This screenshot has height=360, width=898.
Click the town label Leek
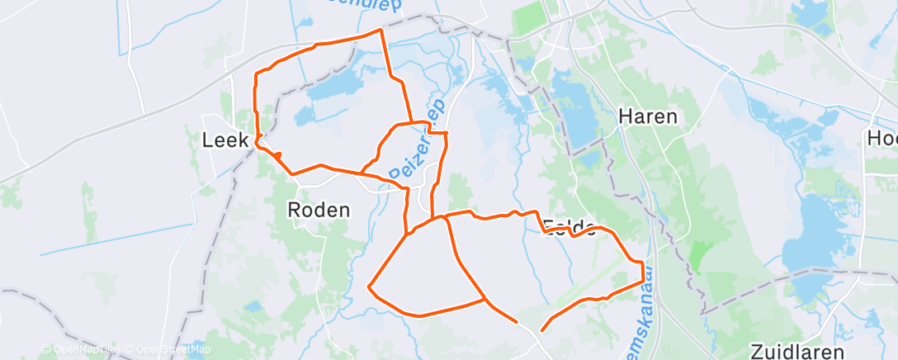coord(225,140)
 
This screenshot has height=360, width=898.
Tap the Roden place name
coord(319,210)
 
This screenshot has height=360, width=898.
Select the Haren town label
coord(649,116)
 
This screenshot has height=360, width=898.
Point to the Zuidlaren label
coord(797,350)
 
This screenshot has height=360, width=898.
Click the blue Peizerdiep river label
coord(418,142)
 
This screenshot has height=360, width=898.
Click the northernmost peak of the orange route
coord(380,30)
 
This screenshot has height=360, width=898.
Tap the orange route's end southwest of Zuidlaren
coord(541,331)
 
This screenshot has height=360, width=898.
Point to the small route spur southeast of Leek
coord(279,154)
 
